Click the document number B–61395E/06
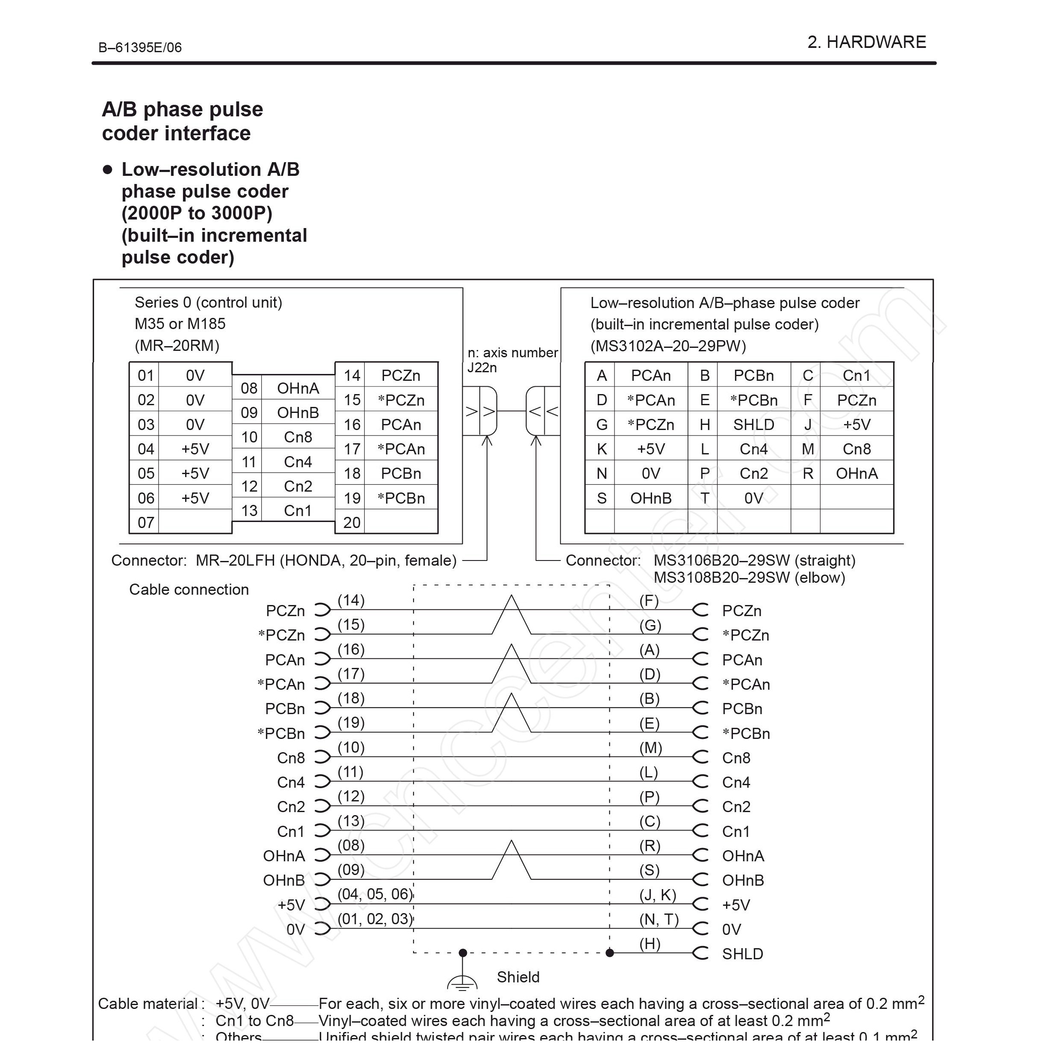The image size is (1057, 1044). [140, 47]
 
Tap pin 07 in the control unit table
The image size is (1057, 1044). [145, 522]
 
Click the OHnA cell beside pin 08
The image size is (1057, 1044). [298, 388]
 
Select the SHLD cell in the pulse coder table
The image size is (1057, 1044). [753, 424]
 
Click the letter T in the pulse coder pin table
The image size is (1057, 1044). [704, 498]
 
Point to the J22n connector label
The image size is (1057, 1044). [482, 368]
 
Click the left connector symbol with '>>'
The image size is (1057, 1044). [480, 411]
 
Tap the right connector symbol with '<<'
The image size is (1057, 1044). [543, 411]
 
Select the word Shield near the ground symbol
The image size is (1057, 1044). [517, 977]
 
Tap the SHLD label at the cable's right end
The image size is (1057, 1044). [742, 954]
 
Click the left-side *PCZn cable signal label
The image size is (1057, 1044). [281, 635]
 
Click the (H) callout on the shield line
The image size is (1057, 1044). [650, 943]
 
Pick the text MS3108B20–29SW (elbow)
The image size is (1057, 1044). [749, 578]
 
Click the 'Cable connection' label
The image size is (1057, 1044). [189, 590]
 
